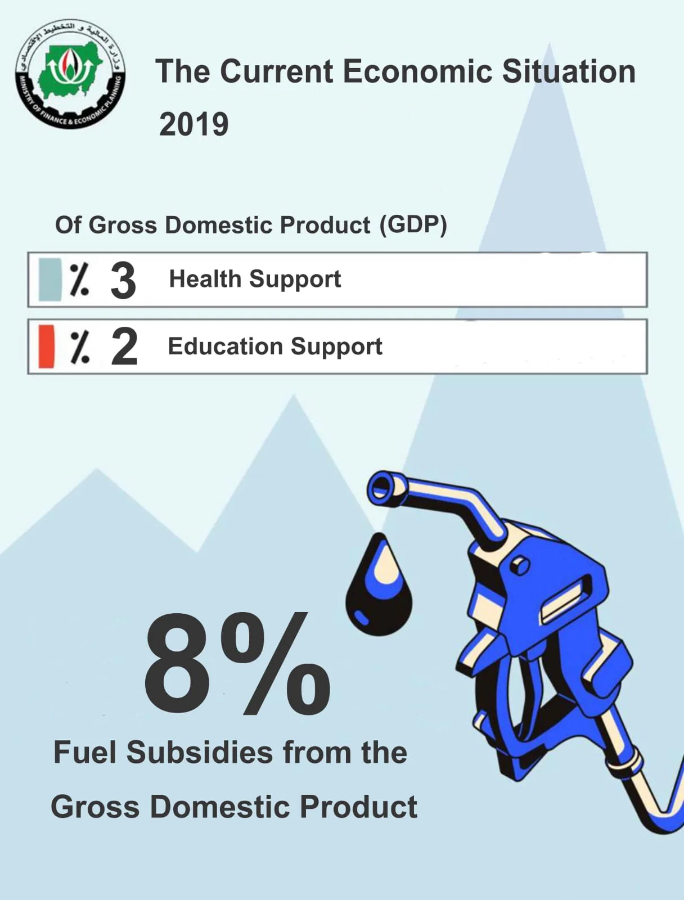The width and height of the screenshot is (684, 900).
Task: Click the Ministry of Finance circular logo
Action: pyautogui.click(x=70, y=74)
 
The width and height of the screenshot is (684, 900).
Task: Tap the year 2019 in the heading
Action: pyautogui.click(x=194, y=125)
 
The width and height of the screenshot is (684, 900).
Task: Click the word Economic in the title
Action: pyautogui.click(x=417, y=71)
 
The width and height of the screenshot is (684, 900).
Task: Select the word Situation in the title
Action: pyautogui.click(x=569, y=71)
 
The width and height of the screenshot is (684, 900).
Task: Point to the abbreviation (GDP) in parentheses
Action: pyautogui.click(x=413, y=225)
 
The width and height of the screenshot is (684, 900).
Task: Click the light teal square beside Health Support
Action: pyautogui.click(x=50, y=280)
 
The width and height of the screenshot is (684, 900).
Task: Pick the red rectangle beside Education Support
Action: pyautogui.click(x=46, y=346)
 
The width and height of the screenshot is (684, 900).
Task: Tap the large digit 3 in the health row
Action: pyautogui.click(x=123, y=281)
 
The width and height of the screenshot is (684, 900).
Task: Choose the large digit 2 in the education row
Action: pyautogui.click(x=124, y=347)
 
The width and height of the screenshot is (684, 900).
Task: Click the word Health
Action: pyautogui.click(x=205, y=279)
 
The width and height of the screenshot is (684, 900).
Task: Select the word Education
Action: pyautogui.click(x=226, y=346)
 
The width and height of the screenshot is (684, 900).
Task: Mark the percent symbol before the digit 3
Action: pyautogui.click(x=79, y=280)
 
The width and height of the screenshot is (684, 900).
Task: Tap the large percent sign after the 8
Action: pyautogui.click(x=276, y=664)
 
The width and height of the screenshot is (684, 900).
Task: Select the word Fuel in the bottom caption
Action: pyautogui.click(x=87, y=753)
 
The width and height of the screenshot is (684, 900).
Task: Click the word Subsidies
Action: pyautogui.click(x=200, y=753)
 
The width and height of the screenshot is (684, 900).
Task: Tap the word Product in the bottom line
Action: pyautogui.click(x=359, y=807)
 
